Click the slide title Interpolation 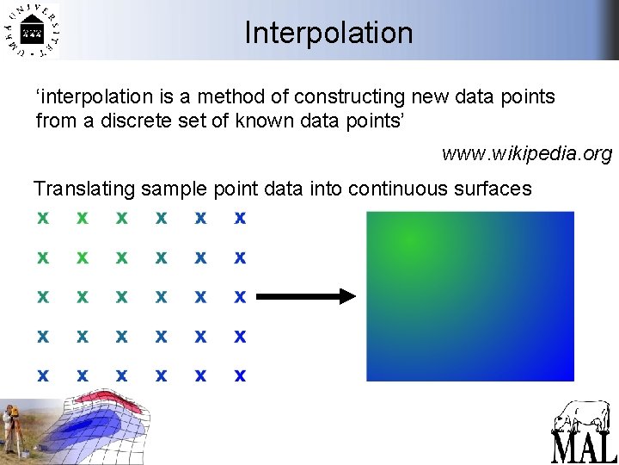328,33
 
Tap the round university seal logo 31,32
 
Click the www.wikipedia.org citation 526,154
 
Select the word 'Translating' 84,189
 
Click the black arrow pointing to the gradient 306,296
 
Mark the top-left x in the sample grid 42,218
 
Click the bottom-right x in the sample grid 240,375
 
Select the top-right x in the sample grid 240,218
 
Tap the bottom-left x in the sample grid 42,375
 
